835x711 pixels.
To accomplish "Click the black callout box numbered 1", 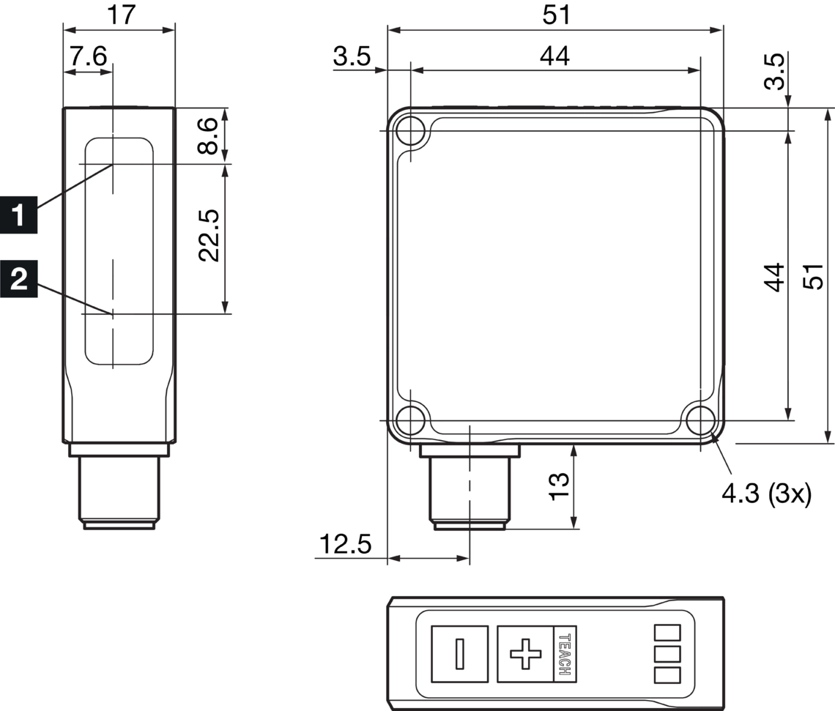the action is tap(18, 215).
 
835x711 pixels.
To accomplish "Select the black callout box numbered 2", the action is tap(18, 278).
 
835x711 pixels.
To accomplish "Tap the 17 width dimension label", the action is tap(122, 15).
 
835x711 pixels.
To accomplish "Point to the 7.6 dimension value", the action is tap(89, 56).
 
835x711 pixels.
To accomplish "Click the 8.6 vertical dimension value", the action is tap(208, 135).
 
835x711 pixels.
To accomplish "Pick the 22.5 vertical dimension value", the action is tap(209, 235).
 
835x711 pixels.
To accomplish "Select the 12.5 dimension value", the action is tap(345, 544).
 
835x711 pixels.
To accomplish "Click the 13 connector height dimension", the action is tap(559, 486).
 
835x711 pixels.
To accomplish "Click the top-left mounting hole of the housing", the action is tap(411, 130).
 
